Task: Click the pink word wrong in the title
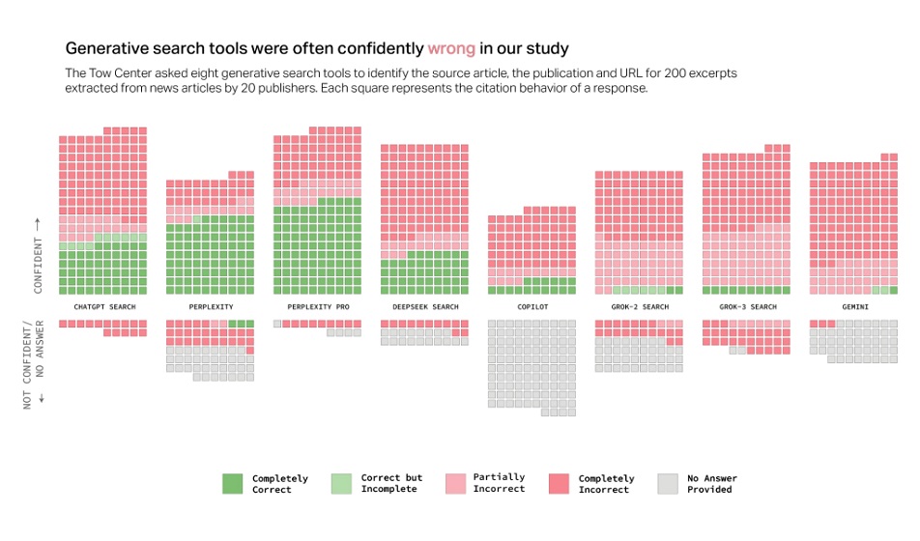[x=451, y=47]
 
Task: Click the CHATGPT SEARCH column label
[x=104, y=307]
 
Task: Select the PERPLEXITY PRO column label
[x=317, y=307]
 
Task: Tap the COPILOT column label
[x=532, y=307]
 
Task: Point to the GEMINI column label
[x=853, y=307]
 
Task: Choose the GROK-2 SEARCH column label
[x=640, y=307]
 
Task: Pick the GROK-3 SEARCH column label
[x=747, y=307]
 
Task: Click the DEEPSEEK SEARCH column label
[x=425, y=307]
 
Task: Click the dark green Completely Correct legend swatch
[x=233, y=483]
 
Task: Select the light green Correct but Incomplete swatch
[x=341, y=483]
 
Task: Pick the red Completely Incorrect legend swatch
[x=559, y=483]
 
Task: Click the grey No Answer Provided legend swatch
[x=668, y=483]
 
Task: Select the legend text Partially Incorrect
[x=499, y=483]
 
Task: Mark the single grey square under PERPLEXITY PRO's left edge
[x=278, y=324]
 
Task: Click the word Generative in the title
[x=107, y=47]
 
